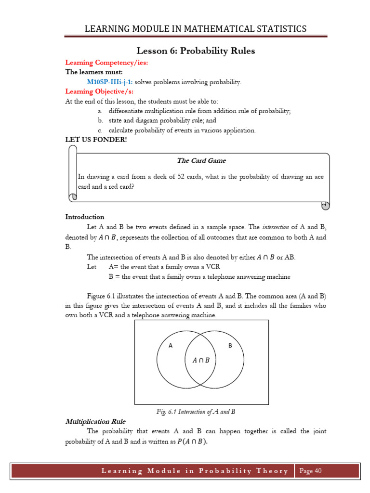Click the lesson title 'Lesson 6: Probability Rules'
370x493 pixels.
[196, 51]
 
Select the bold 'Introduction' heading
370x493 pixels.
[85, 217]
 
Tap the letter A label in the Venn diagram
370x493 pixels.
[170, 345]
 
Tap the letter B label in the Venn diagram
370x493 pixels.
[230, 345]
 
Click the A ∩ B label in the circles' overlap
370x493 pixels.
[201, 360]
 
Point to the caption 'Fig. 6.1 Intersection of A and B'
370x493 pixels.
[196, 412]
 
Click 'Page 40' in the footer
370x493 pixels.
[310, 471]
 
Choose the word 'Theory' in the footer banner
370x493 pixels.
[273, 471]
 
